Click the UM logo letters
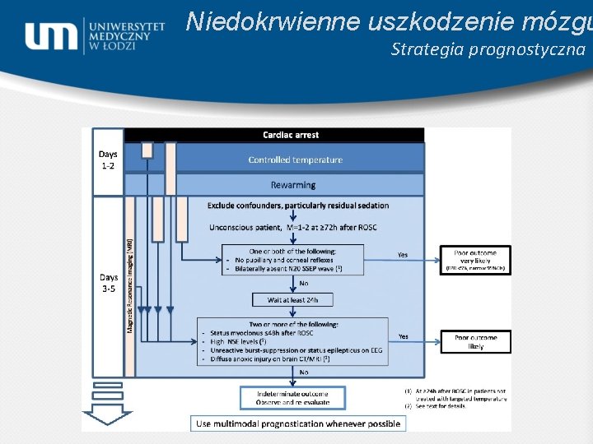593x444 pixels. (x=52, y=36)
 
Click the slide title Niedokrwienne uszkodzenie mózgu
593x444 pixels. (x=387, y=21)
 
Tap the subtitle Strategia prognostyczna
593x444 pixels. (x=488, y=49)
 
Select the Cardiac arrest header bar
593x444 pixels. (x=291, y=135)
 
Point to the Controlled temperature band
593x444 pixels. (x=295, y=160)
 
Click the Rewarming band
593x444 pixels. (x=294, y=184)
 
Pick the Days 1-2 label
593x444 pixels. (x=108, y=160)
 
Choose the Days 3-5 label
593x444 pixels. (x=108, y=283)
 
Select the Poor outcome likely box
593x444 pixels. (x=475, y=341)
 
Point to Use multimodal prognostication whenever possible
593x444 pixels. (x=299, y=423)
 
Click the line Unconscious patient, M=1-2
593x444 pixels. (x=292, y=227)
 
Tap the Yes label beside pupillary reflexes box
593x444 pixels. (x=403, y=255)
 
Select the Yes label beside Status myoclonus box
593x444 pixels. (x=403, y=336)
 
